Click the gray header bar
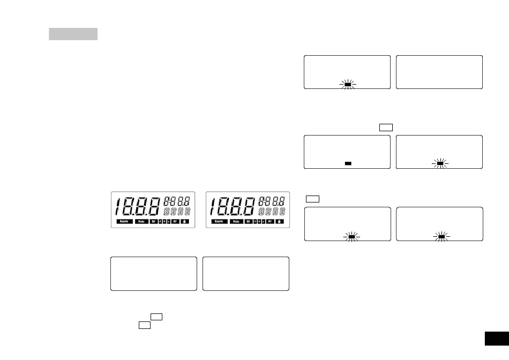pos(73,34)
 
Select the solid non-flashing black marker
pos(348,163)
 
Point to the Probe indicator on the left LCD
pos(142,221)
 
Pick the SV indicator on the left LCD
pos(154,221)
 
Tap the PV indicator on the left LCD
pos(176,221)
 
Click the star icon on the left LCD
pos(186,221)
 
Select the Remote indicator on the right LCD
pos(219,221)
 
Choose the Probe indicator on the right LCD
pos(236,221)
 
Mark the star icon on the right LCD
pos(280,221)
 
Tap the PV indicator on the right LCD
pos(270,221)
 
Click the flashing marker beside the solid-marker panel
pos(439,163)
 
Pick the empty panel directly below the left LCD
pos(154,274)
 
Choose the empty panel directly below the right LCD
pos(246,274)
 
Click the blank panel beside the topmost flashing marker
pos(439,72)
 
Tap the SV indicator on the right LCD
pos(249,221)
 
